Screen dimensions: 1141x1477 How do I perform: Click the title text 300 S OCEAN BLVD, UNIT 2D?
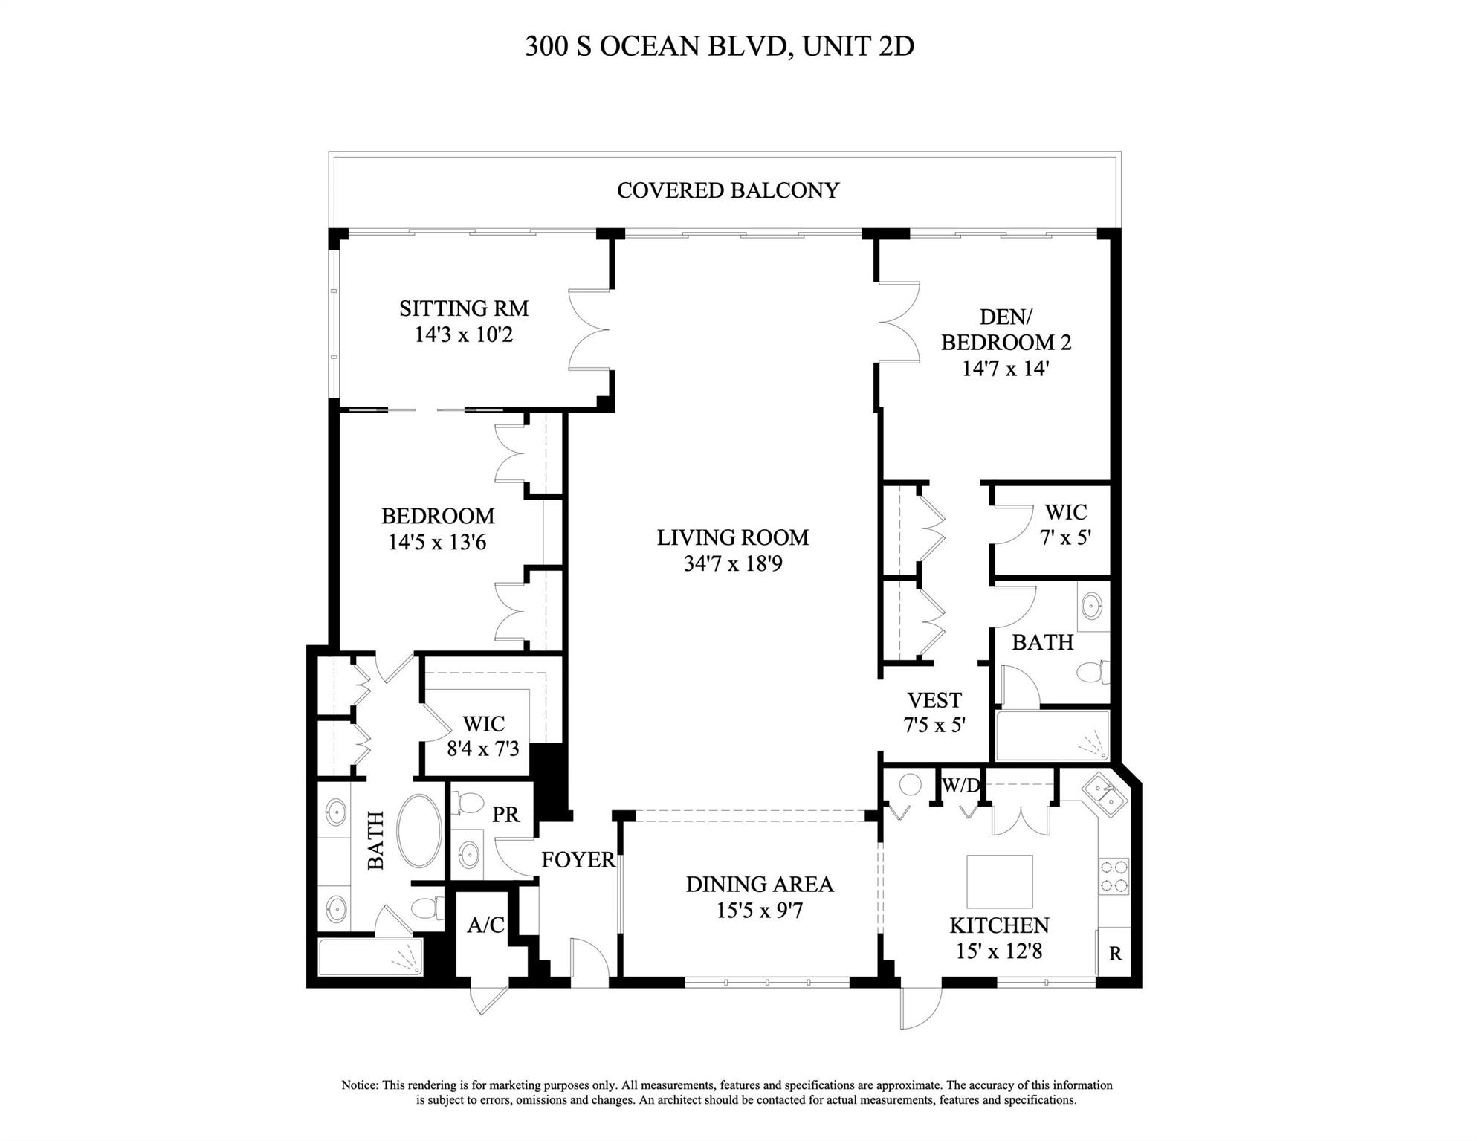719,46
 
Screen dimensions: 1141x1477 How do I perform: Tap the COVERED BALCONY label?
728,190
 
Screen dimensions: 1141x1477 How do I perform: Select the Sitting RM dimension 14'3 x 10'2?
463,334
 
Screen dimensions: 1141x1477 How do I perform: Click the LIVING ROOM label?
732,537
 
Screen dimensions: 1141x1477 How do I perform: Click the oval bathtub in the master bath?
419,831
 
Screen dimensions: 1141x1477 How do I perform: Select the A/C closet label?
485,925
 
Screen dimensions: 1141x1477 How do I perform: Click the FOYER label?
578,860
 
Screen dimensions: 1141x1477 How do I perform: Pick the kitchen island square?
999,881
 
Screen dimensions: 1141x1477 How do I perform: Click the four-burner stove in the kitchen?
1114,876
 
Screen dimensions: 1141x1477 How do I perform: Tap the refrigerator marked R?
1114,954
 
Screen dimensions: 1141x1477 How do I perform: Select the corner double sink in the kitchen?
1104,795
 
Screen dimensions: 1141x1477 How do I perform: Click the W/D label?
960,786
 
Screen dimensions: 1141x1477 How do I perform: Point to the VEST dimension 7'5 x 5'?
934,725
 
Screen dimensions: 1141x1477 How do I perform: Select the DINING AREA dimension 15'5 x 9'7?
759,911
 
